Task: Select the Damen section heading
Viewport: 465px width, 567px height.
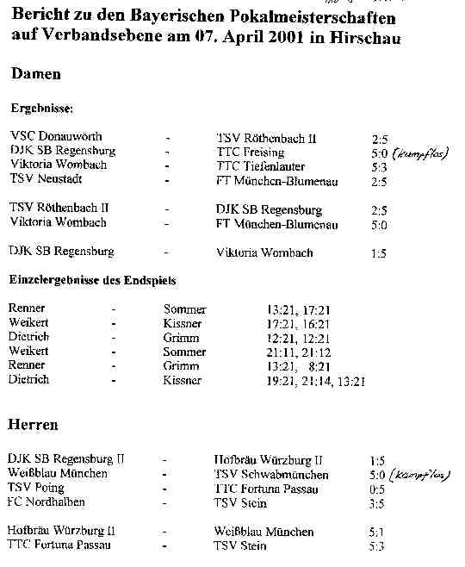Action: tap(35, 74)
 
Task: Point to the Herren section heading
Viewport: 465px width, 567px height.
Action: tap(33, 425)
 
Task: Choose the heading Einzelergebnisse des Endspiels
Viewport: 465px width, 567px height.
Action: tap(93, 280)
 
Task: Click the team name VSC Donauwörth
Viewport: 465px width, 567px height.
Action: tap(55, 137)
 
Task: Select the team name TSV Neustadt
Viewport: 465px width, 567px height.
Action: tap(45, 180)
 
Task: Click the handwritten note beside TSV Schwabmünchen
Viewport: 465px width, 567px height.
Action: tap(421, 475)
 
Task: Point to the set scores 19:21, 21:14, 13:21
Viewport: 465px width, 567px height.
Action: tap(316, 380)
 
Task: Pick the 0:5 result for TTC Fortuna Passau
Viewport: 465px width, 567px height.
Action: tap(376, 489)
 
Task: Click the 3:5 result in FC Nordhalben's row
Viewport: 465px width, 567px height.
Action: tap(376, 503)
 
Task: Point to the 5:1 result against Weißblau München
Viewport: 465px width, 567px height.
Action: tap(376, 532)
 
